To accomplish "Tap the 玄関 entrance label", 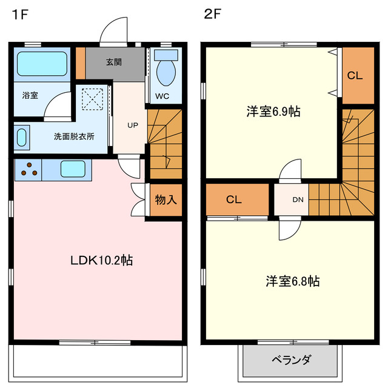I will point(114,61).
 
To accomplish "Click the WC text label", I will point(162,96).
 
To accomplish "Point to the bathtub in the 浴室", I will point(41,62).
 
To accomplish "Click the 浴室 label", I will point(31,95).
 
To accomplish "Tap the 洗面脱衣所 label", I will point(74,136).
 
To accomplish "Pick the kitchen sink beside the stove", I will point(73,169).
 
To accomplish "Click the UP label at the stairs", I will point(132,125).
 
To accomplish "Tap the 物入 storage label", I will point(166,199).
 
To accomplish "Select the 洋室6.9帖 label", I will point(273,112).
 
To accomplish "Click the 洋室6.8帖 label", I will point(293,281).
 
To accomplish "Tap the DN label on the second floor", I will point(298,199).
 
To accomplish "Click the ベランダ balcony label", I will point(290,360).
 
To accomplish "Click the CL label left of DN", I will point(235,199).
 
